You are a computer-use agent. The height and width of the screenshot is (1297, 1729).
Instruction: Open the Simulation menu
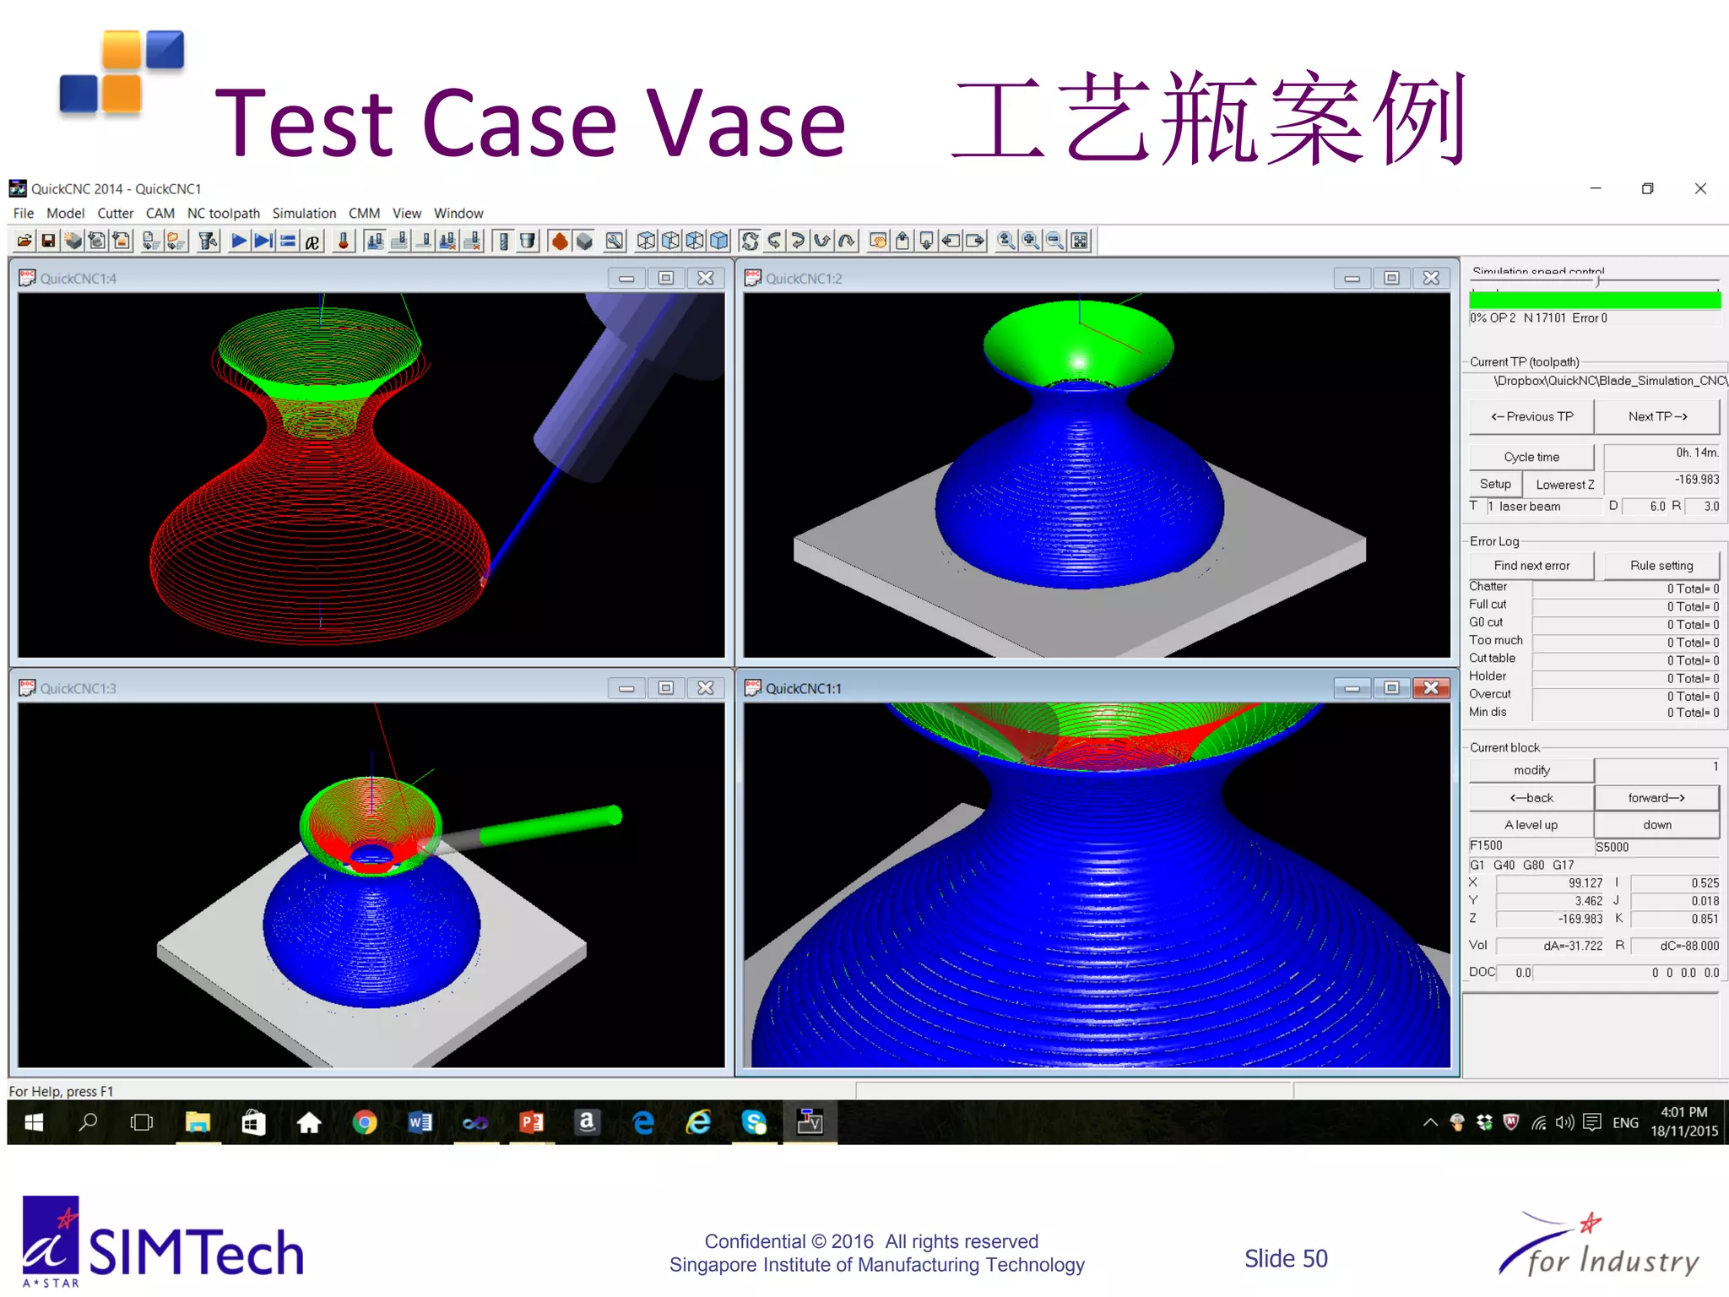304,214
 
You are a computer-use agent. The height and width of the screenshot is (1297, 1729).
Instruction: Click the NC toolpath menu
223,214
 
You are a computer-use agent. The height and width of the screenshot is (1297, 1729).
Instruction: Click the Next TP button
1656,416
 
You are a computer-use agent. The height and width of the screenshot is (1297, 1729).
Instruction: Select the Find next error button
1531,566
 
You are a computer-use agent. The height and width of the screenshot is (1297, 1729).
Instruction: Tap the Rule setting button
1661,566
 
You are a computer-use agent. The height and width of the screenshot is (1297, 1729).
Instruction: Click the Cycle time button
1531,457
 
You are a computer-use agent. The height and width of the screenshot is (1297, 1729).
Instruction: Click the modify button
1531,770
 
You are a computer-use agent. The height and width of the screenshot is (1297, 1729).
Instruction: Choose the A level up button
1531,825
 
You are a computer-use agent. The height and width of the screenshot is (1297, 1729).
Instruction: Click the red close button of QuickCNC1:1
1431,688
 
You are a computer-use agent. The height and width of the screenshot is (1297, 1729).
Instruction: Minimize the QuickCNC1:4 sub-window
626,279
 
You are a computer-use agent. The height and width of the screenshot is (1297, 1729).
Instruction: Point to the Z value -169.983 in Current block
1579,920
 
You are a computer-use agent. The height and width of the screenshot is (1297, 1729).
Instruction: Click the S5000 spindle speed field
1655,847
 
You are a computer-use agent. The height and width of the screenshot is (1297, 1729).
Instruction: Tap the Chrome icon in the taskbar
365,1122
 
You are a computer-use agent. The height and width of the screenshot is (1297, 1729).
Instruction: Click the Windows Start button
34,1122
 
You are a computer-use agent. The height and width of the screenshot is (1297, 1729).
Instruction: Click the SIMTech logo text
196,1252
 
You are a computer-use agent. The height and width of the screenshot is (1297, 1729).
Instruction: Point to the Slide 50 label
1285,1259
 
